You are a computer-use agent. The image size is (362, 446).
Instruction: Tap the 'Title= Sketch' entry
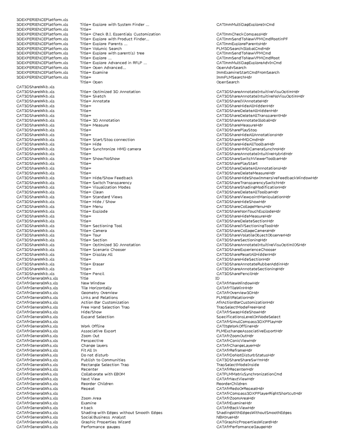[x=93, y=96]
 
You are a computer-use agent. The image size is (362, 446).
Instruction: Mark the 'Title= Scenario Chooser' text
[x=104, y=245]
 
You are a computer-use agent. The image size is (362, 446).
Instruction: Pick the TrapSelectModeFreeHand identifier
[x=241, y=307]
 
